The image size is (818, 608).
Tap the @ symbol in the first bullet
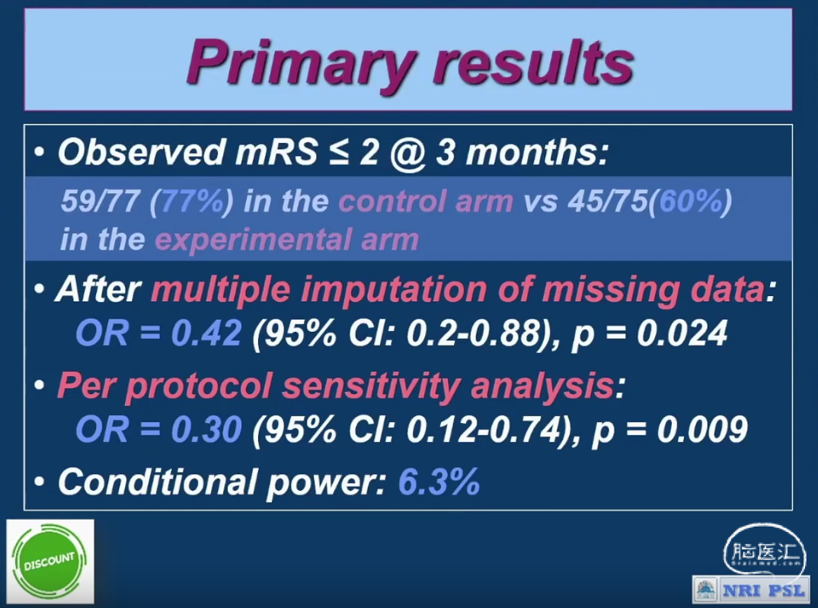[407, 153]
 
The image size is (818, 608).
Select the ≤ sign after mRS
[338, 153]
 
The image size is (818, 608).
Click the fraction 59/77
[101, 201]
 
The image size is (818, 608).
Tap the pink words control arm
[427, 201]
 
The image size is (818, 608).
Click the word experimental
[254, 240]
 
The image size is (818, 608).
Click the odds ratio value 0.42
[206, 333]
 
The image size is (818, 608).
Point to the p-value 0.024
[682, 333]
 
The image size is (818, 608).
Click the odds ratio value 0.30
[206, 429]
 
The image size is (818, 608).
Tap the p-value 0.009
[702, 429]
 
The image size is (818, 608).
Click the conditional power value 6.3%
[439, 482]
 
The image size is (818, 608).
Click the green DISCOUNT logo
[50, 561]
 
